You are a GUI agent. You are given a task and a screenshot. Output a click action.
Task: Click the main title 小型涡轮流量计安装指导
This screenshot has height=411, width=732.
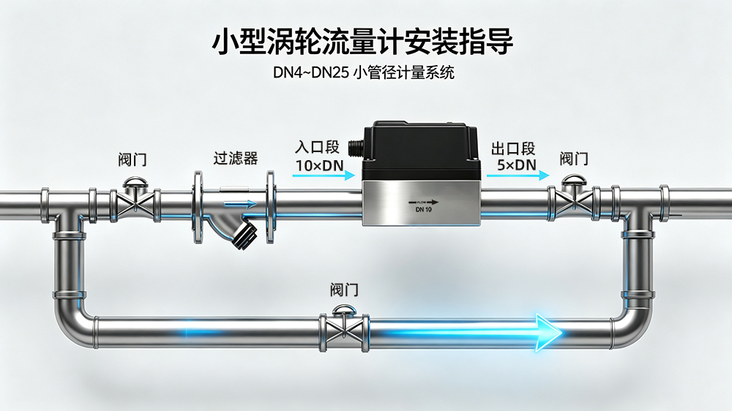click(x=363, y=41)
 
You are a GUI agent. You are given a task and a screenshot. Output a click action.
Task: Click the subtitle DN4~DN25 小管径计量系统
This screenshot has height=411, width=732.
click(x=364, y=72)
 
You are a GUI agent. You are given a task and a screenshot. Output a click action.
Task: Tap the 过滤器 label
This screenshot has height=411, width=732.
click(x=236, y=158)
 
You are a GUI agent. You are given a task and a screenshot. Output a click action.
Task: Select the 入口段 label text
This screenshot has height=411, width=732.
click(x=317, y=147)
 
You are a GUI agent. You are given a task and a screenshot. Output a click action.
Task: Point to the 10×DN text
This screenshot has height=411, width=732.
click(x=320, y=165)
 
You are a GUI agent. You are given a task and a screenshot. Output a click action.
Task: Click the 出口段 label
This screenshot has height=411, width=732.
click(x=513, y=148)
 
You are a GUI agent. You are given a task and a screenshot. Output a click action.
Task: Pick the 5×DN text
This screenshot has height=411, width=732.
click(x=517, y=165)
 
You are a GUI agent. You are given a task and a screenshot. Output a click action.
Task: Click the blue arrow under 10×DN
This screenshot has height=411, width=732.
click(x=324, y=176)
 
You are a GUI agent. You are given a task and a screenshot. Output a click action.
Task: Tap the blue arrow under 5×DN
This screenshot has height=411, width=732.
click(x=518, y=176)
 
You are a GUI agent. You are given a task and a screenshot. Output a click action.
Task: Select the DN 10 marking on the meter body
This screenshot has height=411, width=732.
click(x=423, y=210)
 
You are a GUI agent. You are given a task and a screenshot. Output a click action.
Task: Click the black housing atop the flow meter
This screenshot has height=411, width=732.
click(x=421, y=150)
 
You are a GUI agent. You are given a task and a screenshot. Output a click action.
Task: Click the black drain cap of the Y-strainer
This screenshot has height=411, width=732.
click(x=245, y=235)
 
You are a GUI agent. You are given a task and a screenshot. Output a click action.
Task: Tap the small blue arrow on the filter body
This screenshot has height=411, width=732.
click(x=240, y=204)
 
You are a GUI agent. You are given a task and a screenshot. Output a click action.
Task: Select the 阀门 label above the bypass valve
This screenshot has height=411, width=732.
click(x=344, y=290)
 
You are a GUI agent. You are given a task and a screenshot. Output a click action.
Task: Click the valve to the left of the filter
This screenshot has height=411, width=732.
click(x=135, y=200)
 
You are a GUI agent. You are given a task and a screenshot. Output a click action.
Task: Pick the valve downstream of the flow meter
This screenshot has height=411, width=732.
click(x=573, y=200)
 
